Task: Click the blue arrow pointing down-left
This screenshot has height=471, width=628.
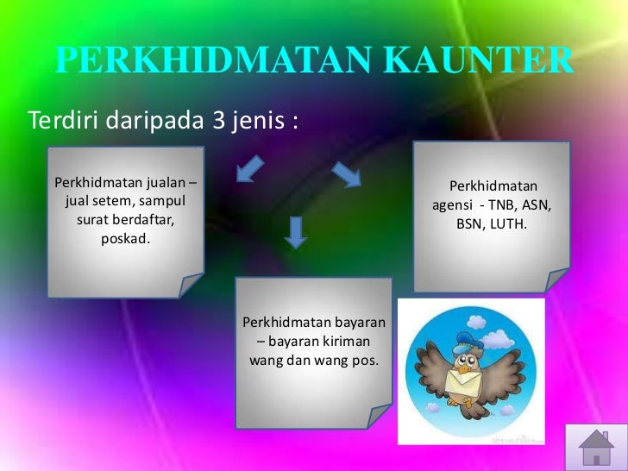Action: click(249, 169)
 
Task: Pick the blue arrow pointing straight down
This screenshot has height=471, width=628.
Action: click(296, 231)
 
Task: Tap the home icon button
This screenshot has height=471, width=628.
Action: click(595, 447)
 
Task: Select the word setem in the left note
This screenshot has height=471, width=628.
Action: click(111, 201)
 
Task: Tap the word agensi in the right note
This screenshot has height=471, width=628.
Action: click(453, 205)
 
